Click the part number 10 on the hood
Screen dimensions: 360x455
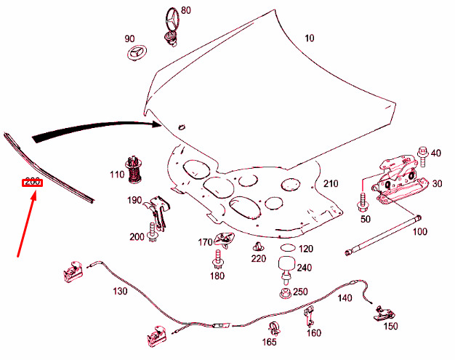click(x=310, y=38)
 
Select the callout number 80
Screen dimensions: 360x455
click(x=186, y=10)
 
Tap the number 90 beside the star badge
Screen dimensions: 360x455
click(x=129, y=39)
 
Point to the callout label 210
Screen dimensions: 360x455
click(x=331, y=183)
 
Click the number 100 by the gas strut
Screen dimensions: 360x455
click(x=420, y=232)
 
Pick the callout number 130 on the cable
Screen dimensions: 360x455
click(x=120, y=291)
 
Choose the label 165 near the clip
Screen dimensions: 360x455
click(x=270, y=342)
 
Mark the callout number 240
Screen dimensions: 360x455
click(x=304, y=268)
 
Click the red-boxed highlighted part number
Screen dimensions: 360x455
click(x=32, y=182)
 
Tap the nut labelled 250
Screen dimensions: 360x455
click(x=285, y=295)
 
